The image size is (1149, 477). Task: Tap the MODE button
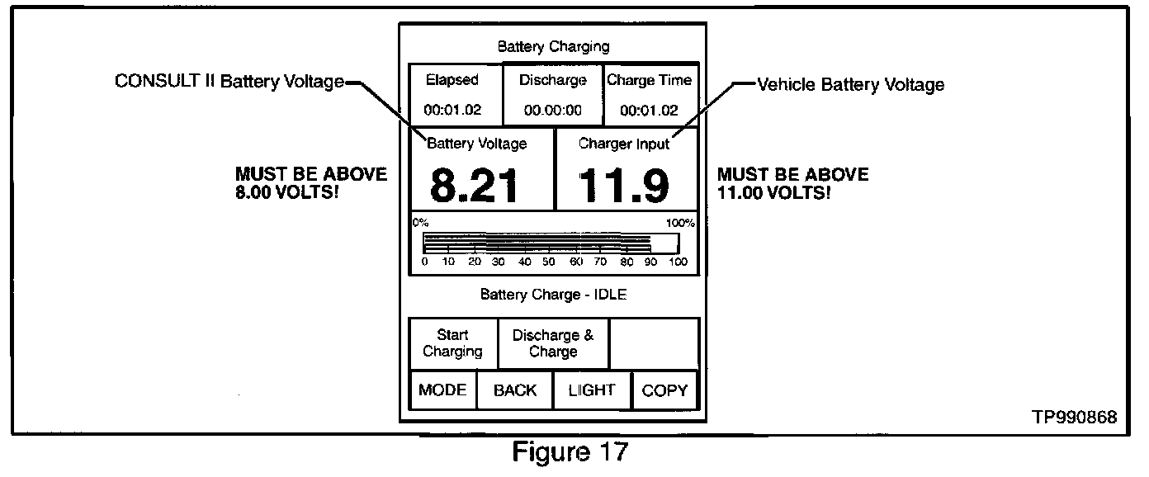click(x=443, y=390)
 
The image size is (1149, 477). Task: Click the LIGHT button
click(x=592, y=390)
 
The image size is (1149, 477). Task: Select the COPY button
click(x=664, y=390)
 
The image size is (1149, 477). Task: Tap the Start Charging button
click(x=453, y=343)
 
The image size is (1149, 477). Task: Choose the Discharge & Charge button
click(x=553, y=343)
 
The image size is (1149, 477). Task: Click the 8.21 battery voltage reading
click(x=475, y=186)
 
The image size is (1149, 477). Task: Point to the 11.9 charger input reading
click(x=624, y=186)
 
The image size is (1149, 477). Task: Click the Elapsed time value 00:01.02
click(x=452, y=110)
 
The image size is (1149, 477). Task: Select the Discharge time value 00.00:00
click(x=553, y=110)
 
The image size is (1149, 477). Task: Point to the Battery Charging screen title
click(x=553, y=46)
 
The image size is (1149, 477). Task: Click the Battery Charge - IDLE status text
click(x=553, y=295)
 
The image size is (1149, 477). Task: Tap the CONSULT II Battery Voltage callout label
click(x=229, y=82)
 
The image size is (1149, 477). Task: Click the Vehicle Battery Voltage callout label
click(x=851, y=84)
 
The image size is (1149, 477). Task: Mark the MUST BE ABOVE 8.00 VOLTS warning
click(x=311, y=183)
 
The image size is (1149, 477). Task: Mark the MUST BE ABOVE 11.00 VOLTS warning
click(x=792, y=183)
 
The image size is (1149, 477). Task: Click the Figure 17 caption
click(x=570, y=453)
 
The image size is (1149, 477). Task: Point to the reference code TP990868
click(x=1074, y=418)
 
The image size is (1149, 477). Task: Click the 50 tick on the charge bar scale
click(x=549, y=262)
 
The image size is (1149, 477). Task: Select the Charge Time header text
click(x=650, y=81)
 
